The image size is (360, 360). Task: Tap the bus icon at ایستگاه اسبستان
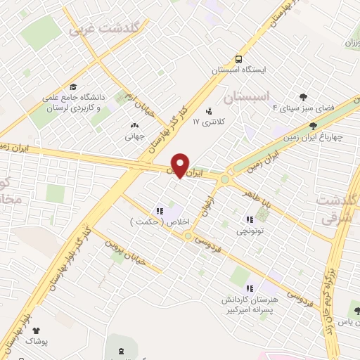tap(239, 59)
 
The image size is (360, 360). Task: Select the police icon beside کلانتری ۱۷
tap(208, 110)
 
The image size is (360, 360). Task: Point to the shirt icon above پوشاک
tap(36, 330)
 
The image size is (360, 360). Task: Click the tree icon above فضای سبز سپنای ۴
tap(303, 97)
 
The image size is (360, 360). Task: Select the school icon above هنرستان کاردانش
tap(249, 288)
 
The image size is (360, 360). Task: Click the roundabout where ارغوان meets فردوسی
tap(188, 236)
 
